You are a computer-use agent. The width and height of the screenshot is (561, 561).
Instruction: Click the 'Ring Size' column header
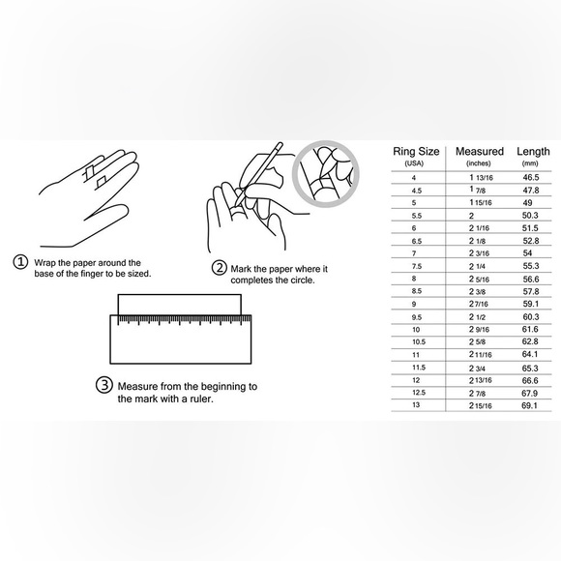click(416, 152)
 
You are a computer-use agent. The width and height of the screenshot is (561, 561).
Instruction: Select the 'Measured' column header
click(480, 151)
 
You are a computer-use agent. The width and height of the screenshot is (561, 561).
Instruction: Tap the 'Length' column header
click(533, 151)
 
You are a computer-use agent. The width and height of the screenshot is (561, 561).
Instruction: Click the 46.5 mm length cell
click(531, 177)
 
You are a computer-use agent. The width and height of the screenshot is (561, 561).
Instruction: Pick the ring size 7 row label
click(414, 253)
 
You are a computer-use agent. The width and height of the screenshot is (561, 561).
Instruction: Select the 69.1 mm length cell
click(529, 405)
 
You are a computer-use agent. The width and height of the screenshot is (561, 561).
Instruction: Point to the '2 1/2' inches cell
click(477, 317)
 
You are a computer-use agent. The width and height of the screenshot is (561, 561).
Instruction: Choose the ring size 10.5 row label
click(419, 342)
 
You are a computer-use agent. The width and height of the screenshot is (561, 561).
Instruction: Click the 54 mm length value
click(527, 253)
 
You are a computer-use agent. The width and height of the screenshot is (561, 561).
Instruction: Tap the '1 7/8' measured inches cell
click(477, 190)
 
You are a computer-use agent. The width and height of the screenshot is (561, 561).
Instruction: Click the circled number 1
click(20, 261)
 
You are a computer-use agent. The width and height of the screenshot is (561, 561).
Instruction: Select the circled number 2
click(219, 268)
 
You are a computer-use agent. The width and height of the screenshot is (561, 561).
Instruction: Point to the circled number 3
click(104, 385)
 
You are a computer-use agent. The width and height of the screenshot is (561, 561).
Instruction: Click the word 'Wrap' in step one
click(44, 263)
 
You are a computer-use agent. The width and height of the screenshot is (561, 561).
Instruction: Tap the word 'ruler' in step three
click(201, 399)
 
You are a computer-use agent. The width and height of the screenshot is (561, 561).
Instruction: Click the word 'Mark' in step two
click(241, 269)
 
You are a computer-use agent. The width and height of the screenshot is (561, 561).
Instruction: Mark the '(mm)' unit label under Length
click(530, 163)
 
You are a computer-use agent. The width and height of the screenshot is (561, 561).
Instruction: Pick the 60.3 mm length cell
click(531, 316)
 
